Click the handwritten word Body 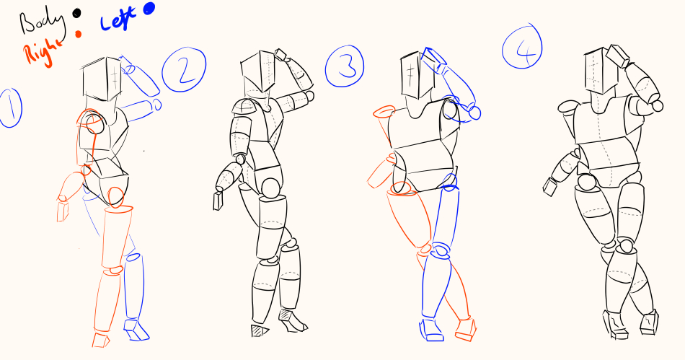(x=43, y=22)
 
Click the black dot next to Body (x=77, y=14)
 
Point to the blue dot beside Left (x=149, y=9)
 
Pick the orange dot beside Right (x=78, y=34)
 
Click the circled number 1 (x=11, y=108)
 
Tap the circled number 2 (x=184, y=70)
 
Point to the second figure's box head (x=258, y=71)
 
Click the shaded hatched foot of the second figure (x=260, y=330)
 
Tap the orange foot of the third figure (x=466, y=330)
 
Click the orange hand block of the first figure (x=63, y=211)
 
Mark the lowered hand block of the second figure (x=218, y=201)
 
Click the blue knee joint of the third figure (x=440, y=252)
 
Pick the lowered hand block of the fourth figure (x=549, y=187)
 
